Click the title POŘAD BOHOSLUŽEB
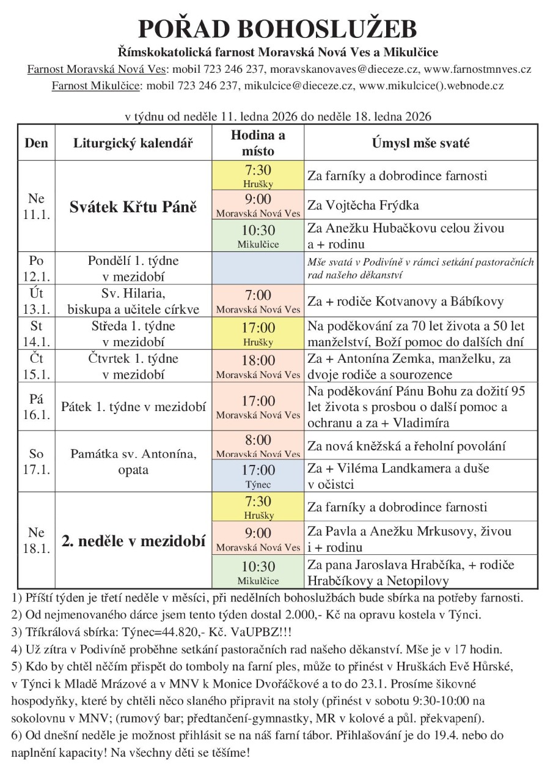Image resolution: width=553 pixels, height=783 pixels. click(x=277, y=29)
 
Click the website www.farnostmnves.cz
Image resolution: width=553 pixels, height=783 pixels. click(x=477, y=69)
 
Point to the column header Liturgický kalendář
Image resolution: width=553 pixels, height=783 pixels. click(x=133, y=143)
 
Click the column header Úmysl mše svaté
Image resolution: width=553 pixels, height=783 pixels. click(x=421, y=143)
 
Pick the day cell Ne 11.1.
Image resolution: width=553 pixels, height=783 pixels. click(x=37, y=207)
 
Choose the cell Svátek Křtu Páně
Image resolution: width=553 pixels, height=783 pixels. click(x=133, y=207)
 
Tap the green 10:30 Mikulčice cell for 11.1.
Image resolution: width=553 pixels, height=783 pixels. click(x=258, y=236)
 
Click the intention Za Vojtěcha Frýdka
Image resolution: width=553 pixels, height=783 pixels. click(x=364, y=205)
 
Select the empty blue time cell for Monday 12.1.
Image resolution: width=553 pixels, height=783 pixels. click(x=258, y=268)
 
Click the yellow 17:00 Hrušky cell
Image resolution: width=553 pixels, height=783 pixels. click(x=258, y=333)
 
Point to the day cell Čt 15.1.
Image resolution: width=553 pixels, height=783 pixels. click(x=37, y=366)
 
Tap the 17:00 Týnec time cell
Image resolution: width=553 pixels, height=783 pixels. click(x=258, y=475)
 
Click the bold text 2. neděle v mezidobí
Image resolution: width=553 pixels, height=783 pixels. click(x=133, y=541)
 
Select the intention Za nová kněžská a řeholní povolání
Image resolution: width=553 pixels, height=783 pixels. click(x=406, y=446)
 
